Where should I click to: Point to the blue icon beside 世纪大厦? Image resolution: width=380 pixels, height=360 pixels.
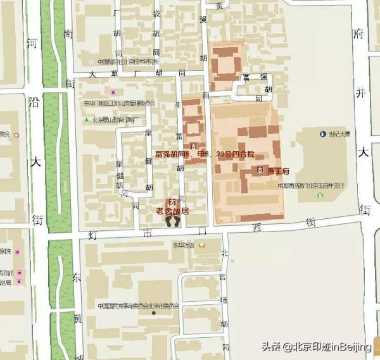[x=322, y=133]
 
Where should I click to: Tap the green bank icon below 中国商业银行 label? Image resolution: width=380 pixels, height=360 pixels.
[x=319, y=196]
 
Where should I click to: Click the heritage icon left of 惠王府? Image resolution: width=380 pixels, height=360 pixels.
[x=261, y=171]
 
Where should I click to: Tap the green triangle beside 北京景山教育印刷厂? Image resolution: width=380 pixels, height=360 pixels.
[x=87, y=120]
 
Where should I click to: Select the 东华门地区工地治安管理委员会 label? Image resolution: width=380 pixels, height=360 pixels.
[x=120, y=102]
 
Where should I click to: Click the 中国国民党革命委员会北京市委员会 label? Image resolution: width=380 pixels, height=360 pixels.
[x=139, y=306]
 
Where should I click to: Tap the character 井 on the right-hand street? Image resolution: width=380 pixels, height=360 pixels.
[x=361, y=93]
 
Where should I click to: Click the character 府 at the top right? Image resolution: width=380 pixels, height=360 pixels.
[x=361, y=33]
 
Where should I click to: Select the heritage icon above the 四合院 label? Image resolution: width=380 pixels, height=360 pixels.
[x=193, y=146]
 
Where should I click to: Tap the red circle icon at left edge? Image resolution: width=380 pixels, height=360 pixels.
[x=17, y=135]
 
